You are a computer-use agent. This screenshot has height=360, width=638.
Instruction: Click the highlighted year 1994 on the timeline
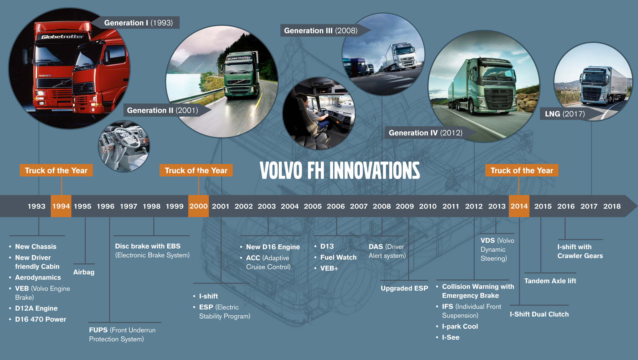[x=61, y=206]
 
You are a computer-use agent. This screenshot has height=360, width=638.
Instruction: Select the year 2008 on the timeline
[x=382, y=206]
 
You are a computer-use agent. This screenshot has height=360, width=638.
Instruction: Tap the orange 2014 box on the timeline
[x=519, y=206]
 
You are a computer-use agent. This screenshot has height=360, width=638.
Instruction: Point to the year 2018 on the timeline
[x=612, y=206]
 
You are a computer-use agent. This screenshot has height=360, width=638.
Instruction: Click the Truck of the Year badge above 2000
[x=196, y=170]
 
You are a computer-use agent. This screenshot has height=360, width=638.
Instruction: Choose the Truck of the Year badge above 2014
[x=522, y=170]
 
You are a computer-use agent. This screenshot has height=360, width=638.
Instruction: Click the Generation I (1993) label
[x=138, y=23]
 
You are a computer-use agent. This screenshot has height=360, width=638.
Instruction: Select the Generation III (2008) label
[x=321, y=31]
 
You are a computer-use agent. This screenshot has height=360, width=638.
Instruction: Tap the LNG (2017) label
[x=565, y=114]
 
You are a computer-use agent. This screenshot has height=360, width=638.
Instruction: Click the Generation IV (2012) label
[x=426, y=133]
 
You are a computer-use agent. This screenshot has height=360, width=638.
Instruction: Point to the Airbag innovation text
[x=84, y=272]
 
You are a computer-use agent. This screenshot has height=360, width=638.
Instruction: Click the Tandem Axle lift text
[x=550, y=281]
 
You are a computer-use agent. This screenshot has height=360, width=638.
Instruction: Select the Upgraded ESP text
[x=404, y=288]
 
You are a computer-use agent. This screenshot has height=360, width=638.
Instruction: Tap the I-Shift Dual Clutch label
[x=539, y=314]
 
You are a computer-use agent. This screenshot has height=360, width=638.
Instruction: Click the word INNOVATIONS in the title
[x=375, y=171]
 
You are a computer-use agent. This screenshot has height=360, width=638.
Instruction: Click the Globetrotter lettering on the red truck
[x=63, y=37]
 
